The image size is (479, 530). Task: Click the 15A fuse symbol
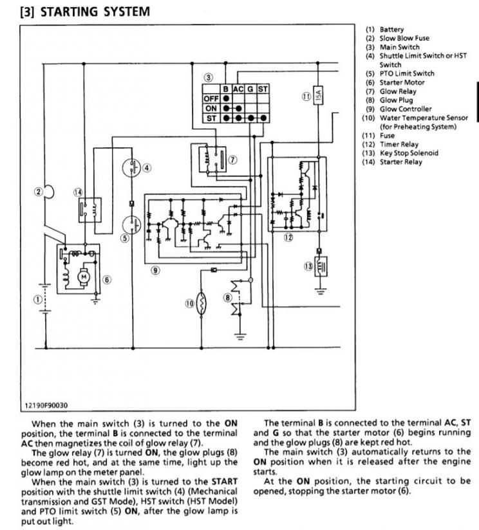coord(317,95)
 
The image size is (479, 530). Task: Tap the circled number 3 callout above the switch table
coord(209,78)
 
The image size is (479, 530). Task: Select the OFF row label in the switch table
coord(211,98)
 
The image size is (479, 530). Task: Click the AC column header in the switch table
coord(238,89)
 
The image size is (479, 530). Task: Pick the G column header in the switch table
coord(250,89)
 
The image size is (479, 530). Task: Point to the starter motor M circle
coord(84,277)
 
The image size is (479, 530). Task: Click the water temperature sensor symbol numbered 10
coord(202,304)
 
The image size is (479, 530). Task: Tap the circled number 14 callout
coord(78,192)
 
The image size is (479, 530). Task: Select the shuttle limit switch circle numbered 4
coord(131,167)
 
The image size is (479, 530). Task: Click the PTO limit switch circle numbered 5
coord(131,224)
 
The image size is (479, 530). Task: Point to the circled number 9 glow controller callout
coord(155,270)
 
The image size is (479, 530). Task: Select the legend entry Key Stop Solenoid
coord(409,153)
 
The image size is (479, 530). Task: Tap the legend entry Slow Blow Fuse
coord(404,38)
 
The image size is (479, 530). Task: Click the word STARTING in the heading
coord(70,12)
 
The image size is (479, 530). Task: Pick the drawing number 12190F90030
coord(46,405)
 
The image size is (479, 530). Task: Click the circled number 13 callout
coord(308,266)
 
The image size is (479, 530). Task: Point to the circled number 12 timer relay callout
coord(288,237)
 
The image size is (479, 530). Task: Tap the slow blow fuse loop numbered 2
coord(50,191)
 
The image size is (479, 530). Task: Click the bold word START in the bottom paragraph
coord(225,481)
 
